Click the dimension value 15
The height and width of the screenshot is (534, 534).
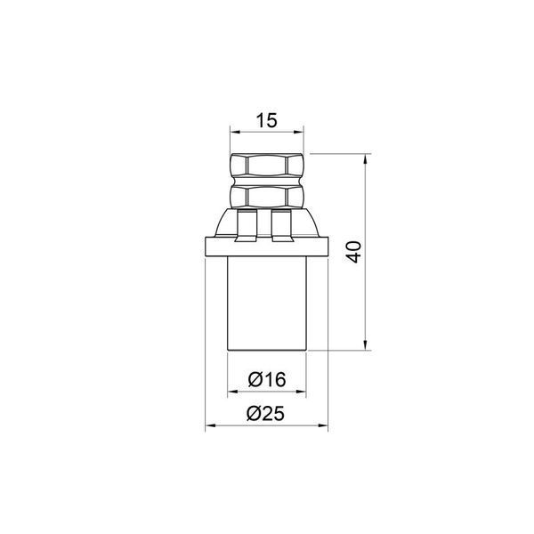pos(267,120)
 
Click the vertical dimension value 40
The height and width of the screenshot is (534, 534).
pos(354,252)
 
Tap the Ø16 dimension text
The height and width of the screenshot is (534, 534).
pos(267,379)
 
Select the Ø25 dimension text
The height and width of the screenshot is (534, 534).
pos(265,414)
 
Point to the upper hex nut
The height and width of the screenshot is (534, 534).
pos(267,166)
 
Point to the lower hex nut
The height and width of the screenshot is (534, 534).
pos(267,197)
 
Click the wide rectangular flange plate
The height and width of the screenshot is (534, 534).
pos(267,247)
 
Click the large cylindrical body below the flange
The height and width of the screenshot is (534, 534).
pos(267,303)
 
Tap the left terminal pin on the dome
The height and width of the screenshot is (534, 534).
pos(247,226)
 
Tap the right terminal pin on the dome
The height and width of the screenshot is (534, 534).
pos(281,226)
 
